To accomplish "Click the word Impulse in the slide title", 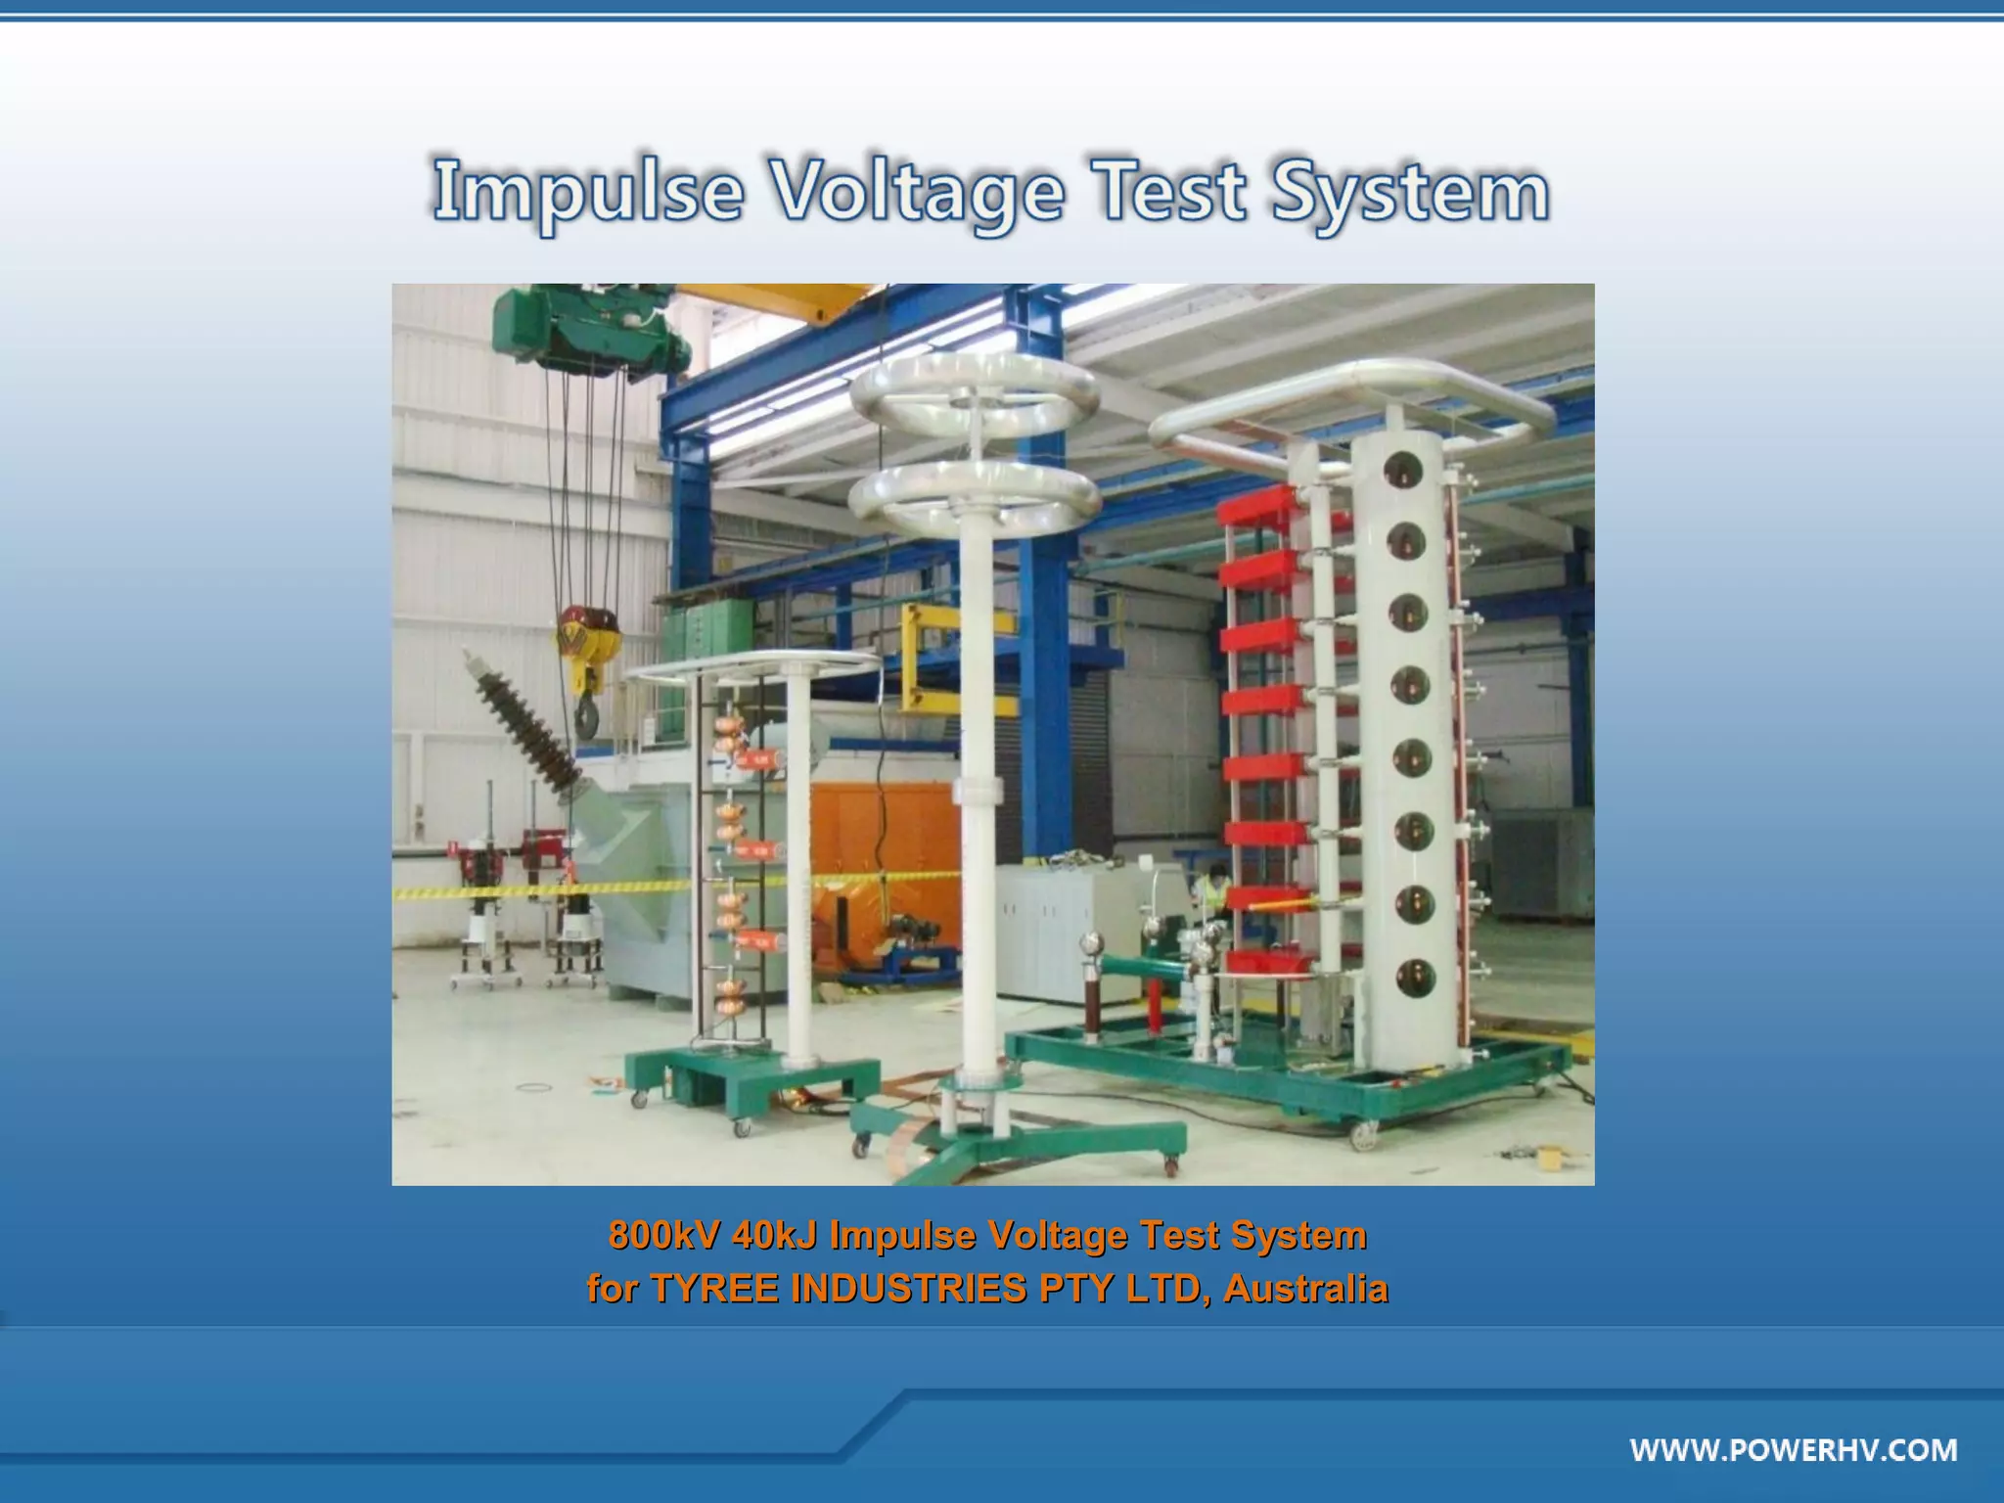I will tap(587, 193).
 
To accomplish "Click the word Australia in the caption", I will tap(1305, 1289).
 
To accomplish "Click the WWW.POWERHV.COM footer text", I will tap(1794, 1449).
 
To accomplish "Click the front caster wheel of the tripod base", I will tap(1171, 1164).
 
